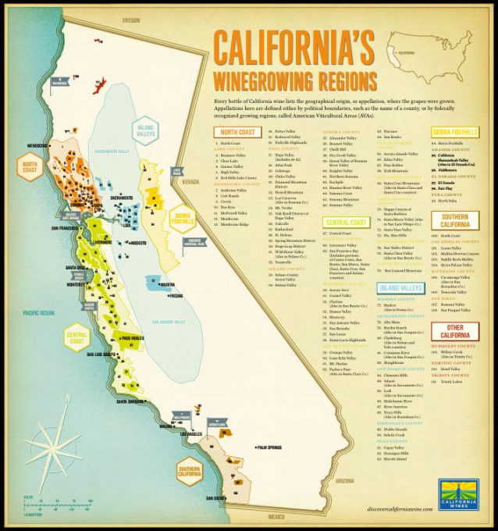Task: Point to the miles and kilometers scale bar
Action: point(34,506)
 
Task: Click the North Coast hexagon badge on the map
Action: point(30,169)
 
